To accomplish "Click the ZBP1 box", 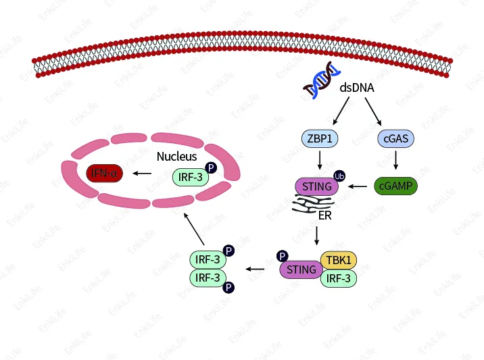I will click(319, 139).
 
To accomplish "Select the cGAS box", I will click(395, 139).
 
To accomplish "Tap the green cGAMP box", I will click(395, 186).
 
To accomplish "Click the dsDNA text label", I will click(357, 88).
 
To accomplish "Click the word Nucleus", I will click(176, 156).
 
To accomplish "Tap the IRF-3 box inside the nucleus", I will click(189, 177).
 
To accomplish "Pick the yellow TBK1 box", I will click(337, 261).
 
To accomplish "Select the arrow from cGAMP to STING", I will click(358, 186).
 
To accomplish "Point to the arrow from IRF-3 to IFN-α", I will click(143, 174).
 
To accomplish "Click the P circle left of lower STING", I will click(282, 257).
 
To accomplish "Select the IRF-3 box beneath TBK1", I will click(337, 278).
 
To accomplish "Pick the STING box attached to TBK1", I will click(301, 269).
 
